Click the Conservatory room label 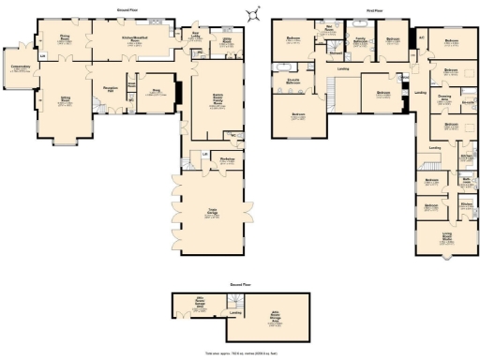pos(20,68)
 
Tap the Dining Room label pos(67,39)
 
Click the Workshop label pos(226,159)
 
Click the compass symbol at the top pos(251,12)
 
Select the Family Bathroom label pos(359,40)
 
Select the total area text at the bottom pos(240,353)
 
